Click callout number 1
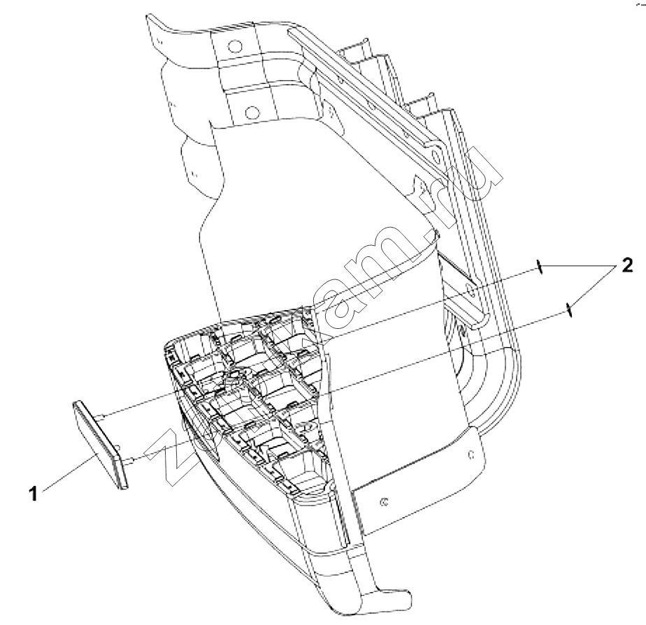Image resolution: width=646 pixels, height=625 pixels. (x=34, y=493)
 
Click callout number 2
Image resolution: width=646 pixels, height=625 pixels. (x=626, y=266)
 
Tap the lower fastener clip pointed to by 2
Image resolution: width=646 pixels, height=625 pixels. (x=568, y=309)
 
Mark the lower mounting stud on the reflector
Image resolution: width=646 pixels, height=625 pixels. (x=130, y=461)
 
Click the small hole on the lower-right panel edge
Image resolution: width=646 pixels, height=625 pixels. (x=472, y=455)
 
